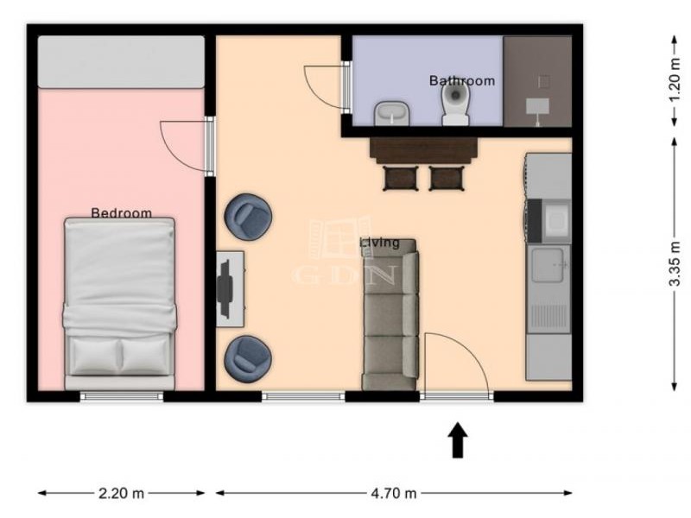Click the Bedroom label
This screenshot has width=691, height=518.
pyautogui.click(x=121, y=213)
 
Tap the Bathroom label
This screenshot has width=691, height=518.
pyautogui.click(x=462, y=80)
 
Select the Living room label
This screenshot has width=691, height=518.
pyautogui.click(x=380, y=243)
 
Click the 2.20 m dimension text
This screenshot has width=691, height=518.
pyautogui.click(x=121, y=493)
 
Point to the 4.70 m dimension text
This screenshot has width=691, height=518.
pyautogui.click(x=394, y=493)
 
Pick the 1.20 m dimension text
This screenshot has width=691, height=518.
pyautogui.click(x=675, y=80)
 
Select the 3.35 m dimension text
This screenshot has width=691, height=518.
pyautogui.click(x=675, y=264)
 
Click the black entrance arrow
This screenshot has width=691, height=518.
pyautogui.click(x=458, y=440)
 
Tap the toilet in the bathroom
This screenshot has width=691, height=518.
pyautogui.click(x=456, y=104)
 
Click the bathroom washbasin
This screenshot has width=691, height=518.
pyautogui.click(x=392, y=113)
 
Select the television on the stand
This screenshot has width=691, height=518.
pyautogui.click(x=225, y=289)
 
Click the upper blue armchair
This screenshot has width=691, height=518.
pyautogui.click(x=248, y=218)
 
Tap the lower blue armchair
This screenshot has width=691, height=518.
pyautogui.click(x=248, y=358)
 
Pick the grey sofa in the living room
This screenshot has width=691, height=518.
pyautogui.click(x=390, y=314)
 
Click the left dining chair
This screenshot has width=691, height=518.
pyautogui.click(x=400, y=178)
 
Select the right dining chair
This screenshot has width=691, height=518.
pyautogui.click(x=447, y=178)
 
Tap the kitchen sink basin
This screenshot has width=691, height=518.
pyautogui.click(x=548, y=264)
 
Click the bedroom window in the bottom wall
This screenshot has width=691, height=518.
pyautogui.click(x=122, y=396)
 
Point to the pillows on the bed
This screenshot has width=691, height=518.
pyautogui.click(x=120, y=355)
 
